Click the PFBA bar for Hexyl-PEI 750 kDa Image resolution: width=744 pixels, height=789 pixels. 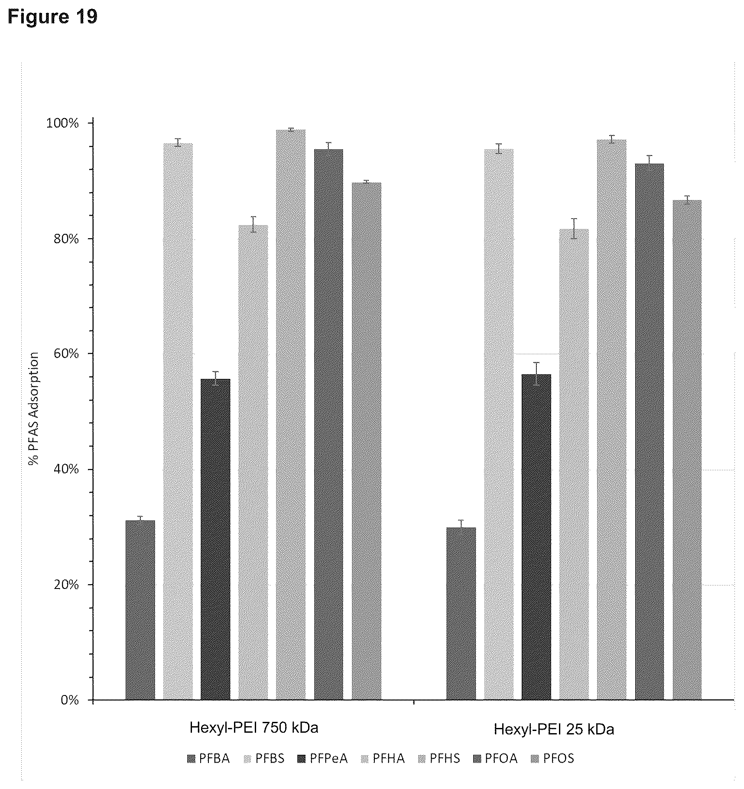click(x=140, y=610)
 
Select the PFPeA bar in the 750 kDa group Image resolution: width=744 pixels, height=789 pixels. click(x=216, y=539)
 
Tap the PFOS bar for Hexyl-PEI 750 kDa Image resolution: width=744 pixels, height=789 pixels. click(x=367, y=441)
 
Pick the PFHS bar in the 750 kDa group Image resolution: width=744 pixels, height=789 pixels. click(x=291, y=414)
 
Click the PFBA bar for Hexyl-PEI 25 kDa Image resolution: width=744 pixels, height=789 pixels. click(x=461, y=613)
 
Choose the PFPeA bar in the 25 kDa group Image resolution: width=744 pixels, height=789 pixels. click(x=536, y=537)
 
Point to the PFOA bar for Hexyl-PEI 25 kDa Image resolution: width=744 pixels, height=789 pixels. click(x=650, y=431)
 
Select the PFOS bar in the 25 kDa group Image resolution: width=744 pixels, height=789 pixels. click(x=687, y=449)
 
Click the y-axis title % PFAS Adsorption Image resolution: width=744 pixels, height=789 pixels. click(x=34, y=409)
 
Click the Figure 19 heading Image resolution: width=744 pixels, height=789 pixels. click(x=52, y=17)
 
